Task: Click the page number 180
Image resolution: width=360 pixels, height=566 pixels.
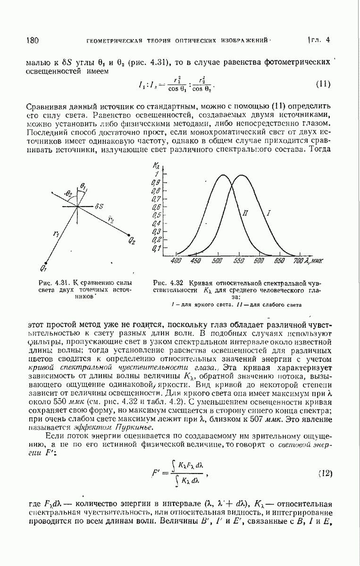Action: coord(33,41)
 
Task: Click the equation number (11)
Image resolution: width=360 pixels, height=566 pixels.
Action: coord(322,85)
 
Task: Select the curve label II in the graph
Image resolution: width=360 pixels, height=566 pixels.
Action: coord(245,213)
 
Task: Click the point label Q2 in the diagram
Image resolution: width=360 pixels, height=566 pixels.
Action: coord(132,241)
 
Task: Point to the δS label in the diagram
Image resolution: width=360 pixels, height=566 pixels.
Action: coord(99,206)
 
